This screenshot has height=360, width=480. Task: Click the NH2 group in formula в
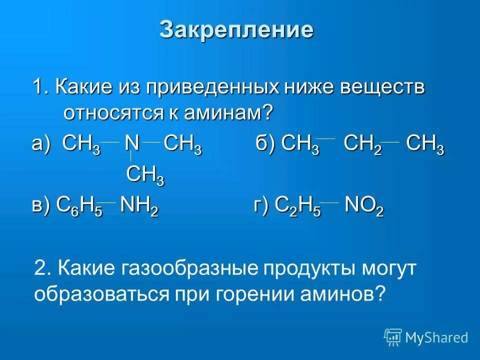(139, 206)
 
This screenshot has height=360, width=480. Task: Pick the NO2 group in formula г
(364, 206)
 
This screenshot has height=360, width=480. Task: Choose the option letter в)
(41, 206)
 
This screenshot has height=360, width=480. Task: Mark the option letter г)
(261, 206)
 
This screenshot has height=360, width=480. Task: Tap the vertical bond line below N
(131, 155)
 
